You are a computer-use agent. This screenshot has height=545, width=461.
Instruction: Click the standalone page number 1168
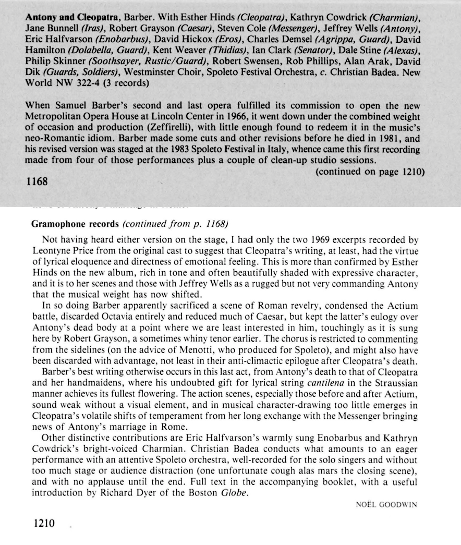pos(36,181)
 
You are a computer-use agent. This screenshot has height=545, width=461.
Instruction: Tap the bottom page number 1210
pos(43,523)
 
